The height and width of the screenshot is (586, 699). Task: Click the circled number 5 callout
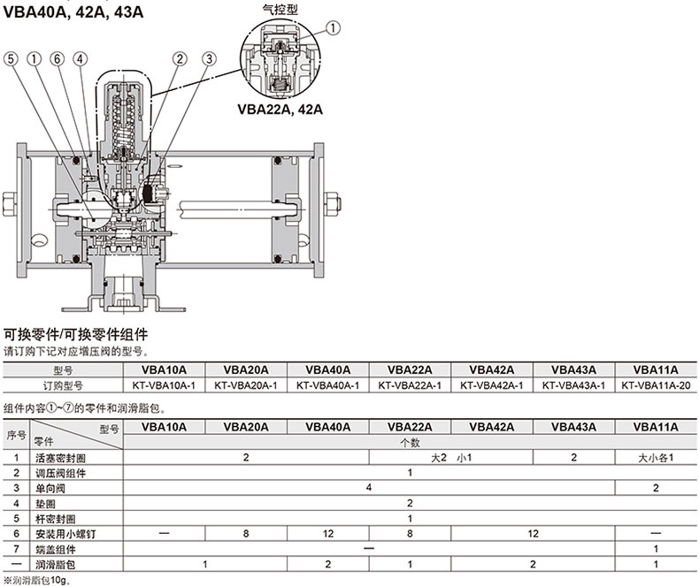tap(11, 59)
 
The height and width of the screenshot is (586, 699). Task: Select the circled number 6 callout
tap(57, 59)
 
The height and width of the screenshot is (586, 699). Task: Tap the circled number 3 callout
tap(209, 59)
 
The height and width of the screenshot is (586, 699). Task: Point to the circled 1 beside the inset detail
tap(333, 28)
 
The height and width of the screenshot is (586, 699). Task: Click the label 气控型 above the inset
tap(280, 10)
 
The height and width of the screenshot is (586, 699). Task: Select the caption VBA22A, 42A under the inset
tap(280, 109)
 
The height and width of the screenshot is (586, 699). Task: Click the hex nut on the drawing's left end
tap(10, 204)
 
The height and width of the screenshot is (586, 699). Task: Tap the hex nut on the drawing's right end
tap(332, 204)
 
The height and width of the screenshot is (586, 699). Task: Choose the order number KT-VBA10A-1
tap(164, 385)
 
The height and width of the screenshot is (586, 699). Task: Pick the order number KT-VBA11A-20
tap(656, 385)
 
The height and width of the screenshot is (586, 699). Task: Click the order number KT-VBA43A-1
tap(573, 385)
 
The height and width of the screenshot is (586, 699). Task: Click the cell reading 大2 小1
tap(451, 458)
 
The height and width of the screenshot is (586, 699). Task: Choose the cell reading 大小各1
tap(656, 458)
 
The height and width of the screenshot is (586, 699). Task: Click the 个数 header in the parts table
tap(410, 443)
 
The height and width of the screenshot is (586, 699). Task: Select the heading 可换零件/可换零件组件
tap(75, 334)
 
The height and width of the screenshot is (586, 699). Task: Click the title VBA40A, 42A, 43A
tap(73, 12)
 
